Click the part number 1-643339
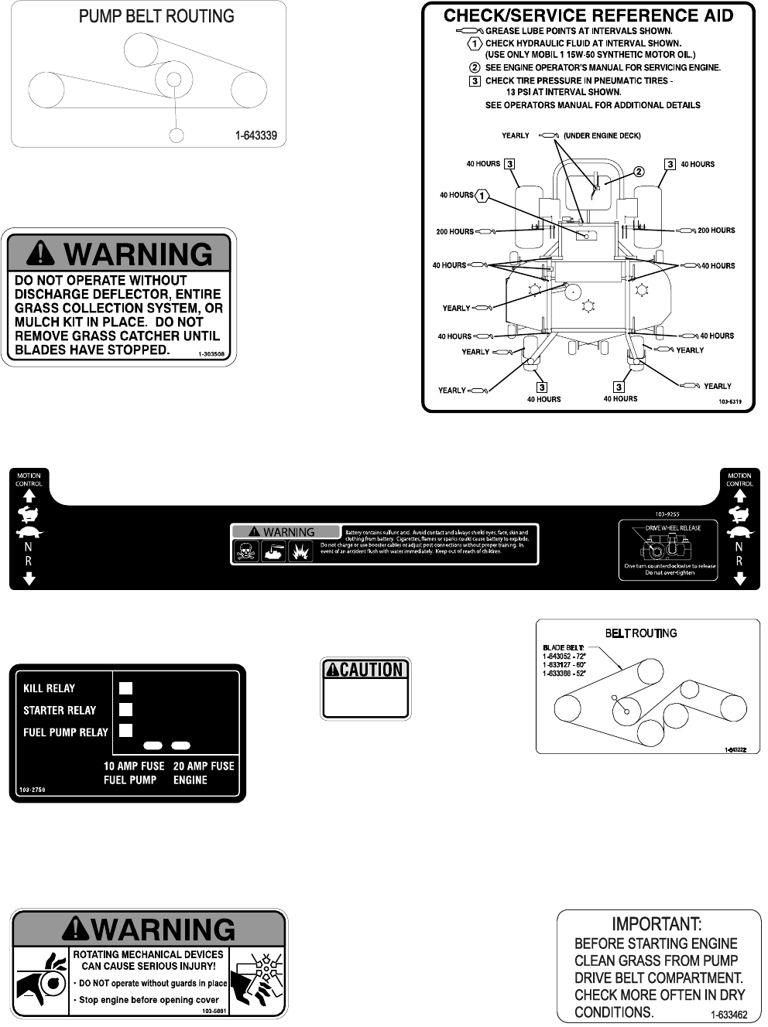255,136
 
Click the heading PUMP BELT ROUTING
156,16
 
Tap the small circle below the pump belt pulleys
177,135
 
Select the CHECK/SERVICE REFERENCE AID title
588,15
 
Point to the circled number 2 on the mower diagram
639,172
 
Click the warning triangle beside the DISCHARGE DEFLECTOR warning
41,254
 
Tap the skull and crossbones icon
246,551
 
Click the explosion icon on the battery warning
300,551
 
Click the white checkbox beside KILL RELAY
126,688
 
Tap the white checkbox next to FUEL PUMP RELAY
126,731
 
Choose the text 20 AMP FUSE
204,766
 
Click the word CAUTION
371,670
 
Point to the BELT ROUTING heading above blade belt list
640,633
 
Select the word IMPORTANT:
657,923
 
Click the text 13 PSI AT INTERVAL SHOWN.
564,92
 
